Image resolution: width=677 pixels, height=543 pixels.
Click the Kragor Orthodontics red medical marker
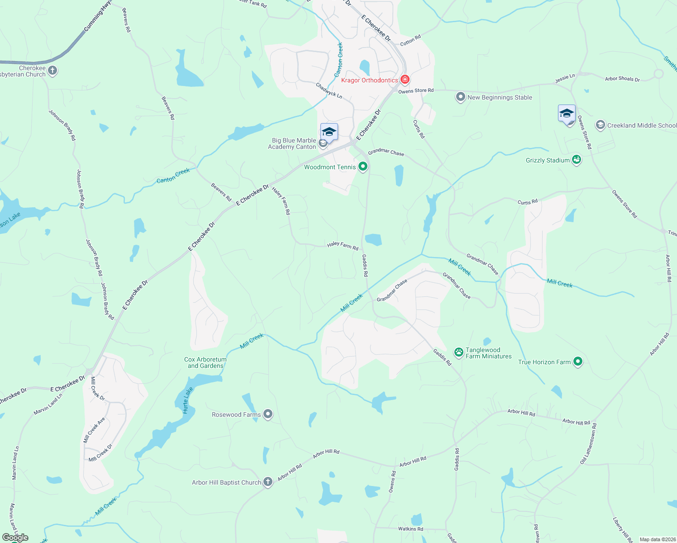[405, 80]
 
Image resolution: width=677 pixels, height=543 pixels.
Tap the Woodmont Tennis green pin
[362, 167]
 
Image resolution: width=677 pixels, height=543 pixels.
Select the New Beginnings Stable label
[500, 97]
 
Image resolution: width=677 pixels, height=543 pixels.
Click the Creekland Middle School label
[642, 125]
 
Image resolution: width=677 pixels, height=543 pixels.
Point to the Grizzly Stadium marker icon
[577, 160]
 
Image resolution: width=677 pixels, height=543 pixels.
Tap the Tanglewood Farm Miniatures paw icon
[459, 352]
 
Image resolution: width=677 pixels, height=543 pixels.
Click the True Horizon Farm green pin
[577, 362]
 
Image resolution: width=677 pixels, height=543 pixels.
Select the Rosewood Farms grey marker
[268, 414]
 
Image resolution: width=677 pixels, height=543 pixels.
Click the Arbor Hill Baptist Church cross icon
[268, 482]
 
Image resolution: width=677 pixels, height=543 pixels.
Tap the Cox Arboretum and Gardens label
[205, 362]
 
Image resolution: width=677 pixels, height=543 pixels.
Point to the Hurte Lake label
[188, 400]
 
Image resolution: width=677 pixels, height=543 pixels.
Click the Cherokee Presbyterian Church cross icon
[52, 71]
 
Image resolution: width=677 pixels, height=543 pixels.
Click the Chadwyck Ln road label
[329, 90]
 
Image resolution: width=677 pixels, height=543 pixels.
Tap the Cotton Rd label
[410, 41]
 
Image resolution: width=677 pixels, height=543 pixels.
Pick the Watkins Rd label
[410, 529]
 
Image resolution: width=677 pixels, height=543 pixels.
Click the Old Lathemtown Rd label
[589, 444]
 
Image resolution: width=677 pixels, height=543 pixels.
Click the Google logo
[15, 538]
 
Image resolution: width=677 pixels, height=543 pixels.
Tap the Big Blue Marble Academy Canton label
[292, 143]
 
